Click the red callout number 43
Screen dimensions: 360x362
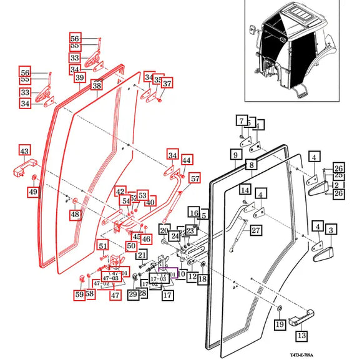click(24, 151)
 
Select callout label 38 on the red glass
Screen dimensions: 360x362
click(97, 85)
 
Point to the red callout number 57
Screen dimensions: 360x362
click(195, 178)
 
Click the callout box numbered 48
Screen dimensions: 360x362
click(75, 215)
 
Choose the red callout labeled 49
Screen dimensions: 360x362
click(32, 191)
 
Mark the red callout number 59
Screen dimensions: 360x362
click(79, 294)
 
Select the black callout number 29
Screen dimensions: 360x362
click(133, 294)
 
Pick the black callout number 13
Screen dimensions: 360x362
click(301, 336)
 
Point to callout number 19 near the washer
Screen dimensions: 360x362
click(280, 323)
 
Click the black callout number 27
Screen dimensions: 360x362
click(255, 230)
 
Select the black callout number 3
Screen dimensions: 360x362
click(331, 230)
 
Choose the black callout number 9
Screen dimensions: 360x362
click(236, 153)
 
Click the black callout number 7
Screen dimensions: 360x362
click(241, 120)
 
